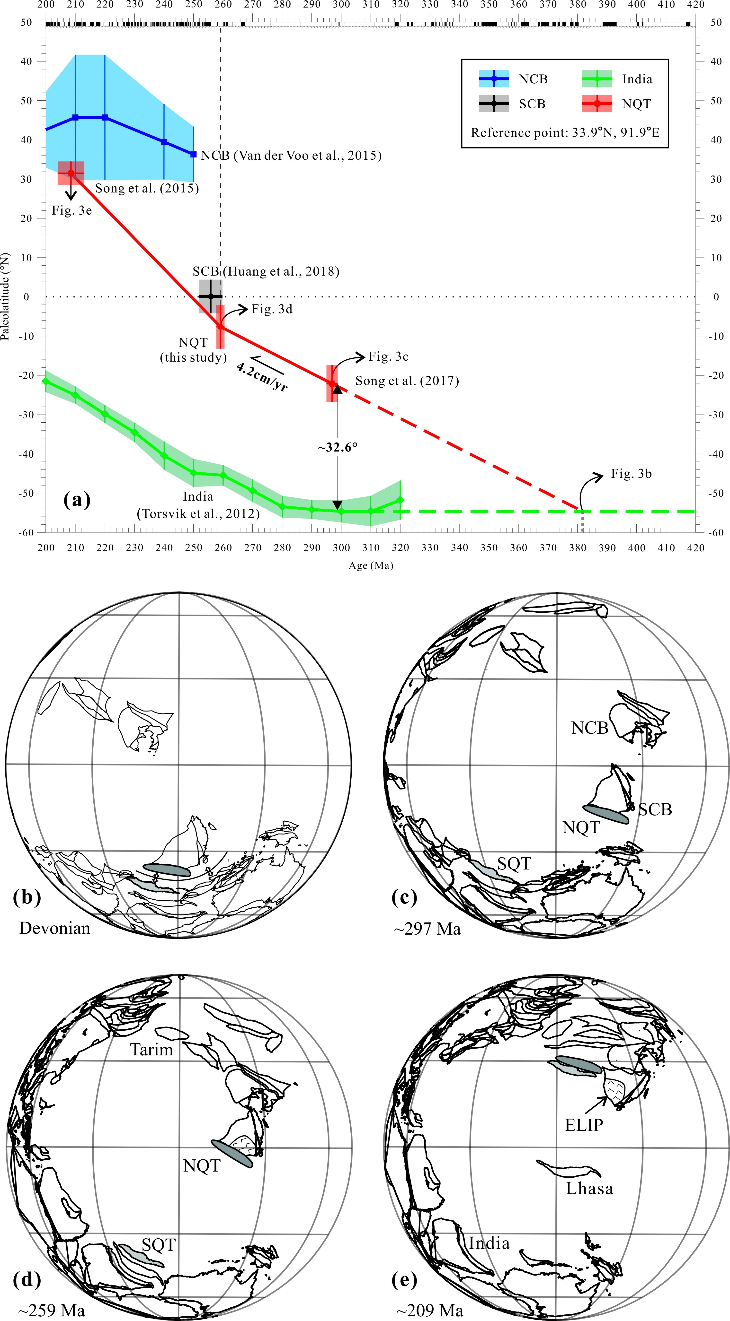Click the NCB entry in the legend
click(x=533, y=79)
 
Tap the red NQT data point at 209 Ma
click(x=71, y=173)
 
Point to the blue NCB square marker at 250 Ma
click(x=193, y=154)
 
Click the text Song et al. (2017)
click(x=407, y=381)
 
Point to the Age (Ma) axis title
click(x=370, y=566)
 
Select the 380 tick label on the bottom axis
click(x=578, y=548)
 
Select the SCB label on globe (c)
click(x=655, y=810)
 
